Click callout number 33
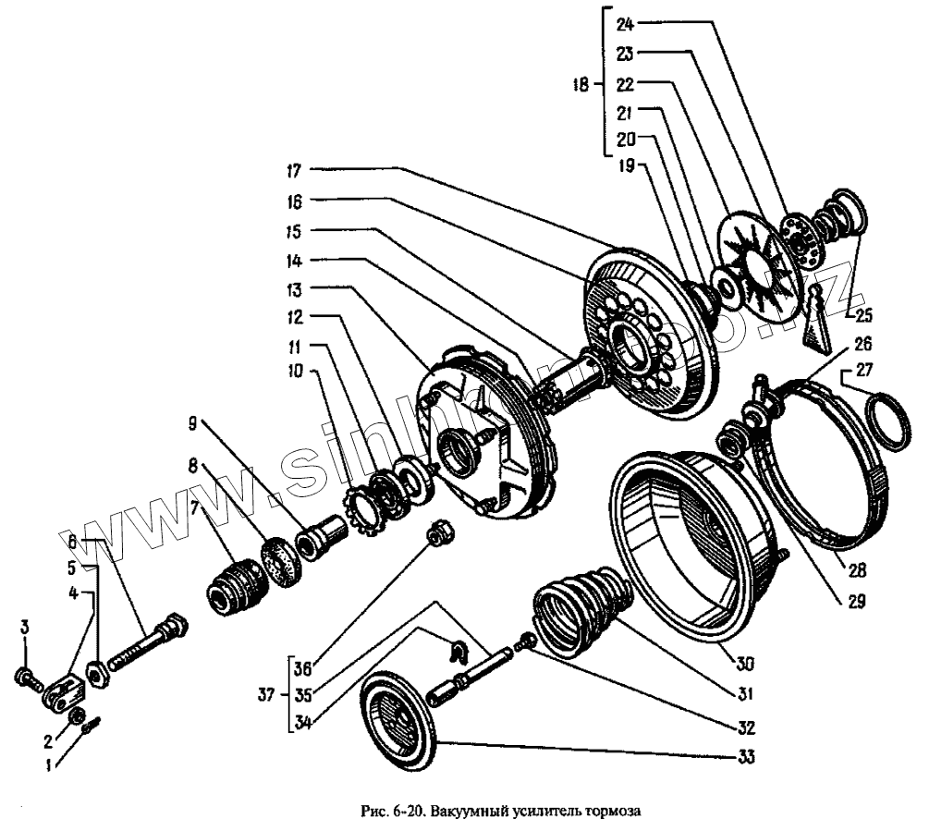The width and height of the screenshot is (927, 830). pos(745,758)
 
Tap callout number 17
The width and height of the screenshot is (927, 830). pos(293,169)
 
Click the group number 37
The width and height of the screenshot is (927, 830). pos(265,694)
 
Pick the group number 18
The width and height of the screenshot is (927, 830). pos(580,86)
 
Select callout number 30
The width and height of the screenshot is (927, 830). pos(745,662)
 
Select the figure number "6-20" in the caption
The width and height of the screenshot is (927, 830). pos(408,812)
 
